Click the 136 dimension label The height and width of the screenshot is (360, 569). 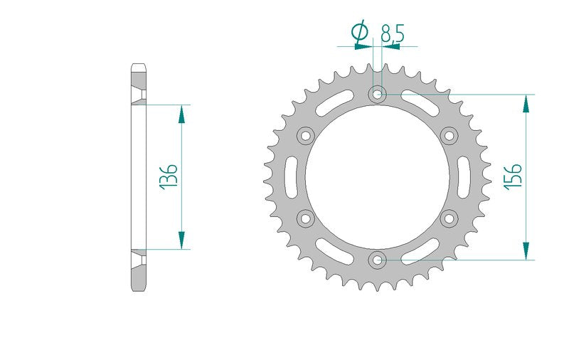169,176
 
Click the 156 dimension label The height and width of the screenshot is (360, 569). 513,176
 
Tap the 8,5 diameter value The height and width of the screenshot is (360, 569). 393,34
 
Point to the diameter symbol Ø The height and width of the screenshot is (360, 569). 360,31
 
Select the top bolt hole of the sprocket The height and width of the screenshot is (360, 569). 378,95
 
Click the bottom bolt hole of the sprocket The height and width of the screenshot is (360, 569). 378,260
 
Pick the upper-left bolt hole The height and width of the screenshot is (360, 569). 306,136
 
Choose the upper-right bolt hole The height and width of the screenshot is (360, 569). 450,136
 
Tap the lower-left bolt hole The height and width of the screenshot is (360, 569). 306,218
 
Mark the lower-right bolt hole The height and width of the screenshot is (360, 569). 450,218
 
